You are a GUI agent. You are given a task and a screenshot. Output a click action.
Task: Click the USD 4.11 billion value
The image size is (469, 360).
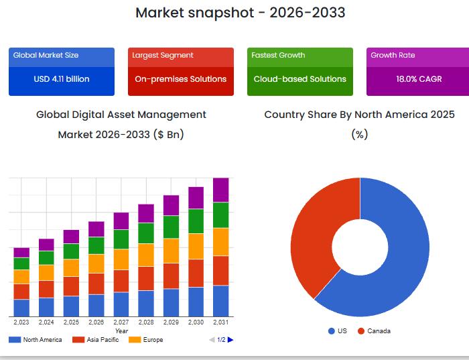(x=62, y=79)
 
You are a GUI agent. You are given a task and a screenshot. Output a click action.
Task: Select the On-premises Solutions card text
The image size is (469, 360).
(x=180, y=79)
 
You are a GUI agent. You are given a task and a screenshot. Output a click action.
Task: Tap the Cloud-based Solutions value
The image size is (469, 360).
(x=299, y=79)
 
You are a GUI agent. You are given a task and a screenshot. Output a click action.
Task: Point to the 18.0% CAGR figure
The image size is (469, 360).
(x=419, y=79)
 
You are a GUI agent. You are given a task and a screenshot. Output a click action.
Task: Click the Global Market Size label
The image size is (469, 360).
(x=46, y=55)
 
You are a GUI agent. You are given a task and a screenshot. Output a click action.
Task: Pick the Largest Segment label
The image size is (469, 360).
(x=163, y=55)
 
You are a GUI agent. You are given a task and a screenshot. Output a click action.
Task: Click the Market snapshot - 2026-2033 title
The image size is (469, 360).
(x=241, y=13)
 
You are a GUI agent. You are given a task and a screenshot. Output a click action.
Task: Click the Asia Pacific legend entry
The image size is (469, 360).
(x=97, y=340)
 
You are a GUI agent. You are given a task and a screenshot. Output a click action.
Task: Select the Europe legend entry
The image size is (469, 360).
(x=147, y=340)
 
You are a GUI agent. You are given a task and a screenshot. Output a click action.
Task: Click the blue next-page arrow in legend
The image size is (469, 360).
(x=230, y=340)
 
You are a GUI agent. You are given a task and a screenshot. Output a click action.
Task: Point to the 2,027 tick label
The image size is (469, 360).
(x=121, y=322)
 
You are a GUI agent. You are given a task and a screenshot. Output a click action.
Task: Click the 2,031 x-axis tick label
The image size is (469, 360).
(x=220, y=322)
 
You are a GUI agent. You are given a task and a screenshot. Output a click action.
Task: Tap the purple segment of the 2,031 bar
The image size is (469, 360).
(x=220, y=190)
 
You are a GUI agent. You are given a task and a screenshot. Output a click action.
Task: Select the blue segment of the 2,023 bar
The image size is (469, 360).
(x=21, y=308)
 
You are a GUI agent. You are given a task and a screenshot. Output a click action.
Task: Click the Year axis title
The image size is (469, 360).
(x=121, y=331)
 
